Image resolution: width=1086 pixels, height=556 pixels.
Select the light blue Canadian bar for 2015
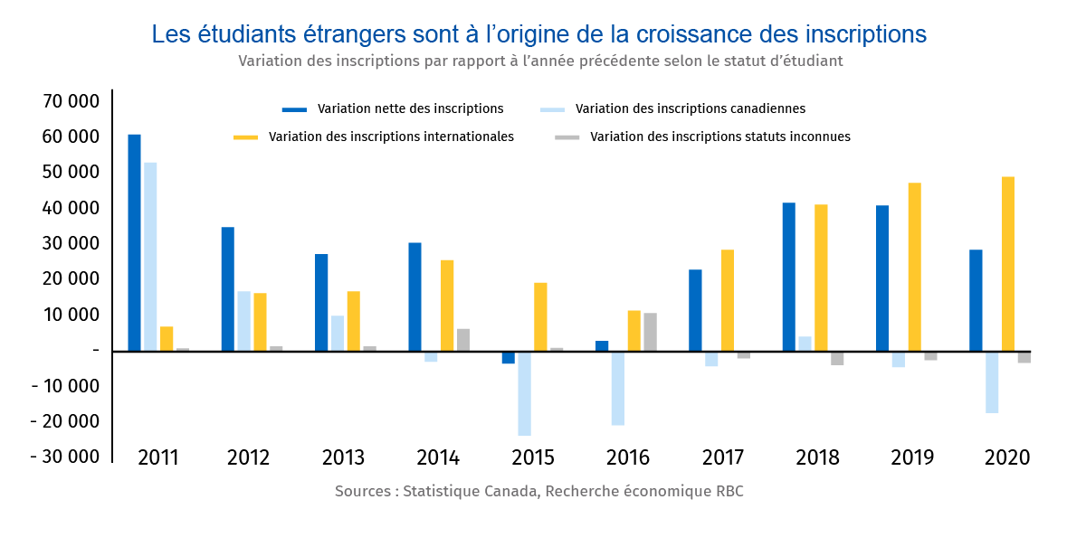525,393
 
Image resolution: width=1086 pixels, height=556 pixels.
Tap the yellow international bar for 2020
1008,263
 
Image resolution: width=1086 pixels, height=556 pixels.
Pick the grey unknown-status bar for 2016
650,332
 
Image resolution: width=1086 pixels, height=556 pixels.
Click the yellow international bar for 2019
914,267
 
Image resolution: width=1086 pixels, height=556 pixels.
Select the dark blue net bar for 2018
789,277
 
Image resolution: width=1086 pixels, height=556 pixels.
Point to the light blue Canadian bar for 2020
992,382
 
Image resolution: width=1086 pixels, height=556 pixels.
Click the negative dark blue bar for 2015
509,357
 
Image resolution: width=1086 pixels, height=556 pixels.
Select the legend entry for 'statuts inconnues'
719,137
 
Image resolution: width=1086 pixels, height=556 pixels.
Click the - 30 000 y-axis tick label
64,457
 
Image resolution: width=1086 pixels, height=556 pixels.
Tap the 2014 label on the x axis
438,457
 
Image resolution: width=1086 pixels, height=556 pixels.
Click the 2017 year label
722,457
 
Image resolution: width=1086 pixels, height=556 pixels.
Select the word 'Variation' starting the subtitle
270,61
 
